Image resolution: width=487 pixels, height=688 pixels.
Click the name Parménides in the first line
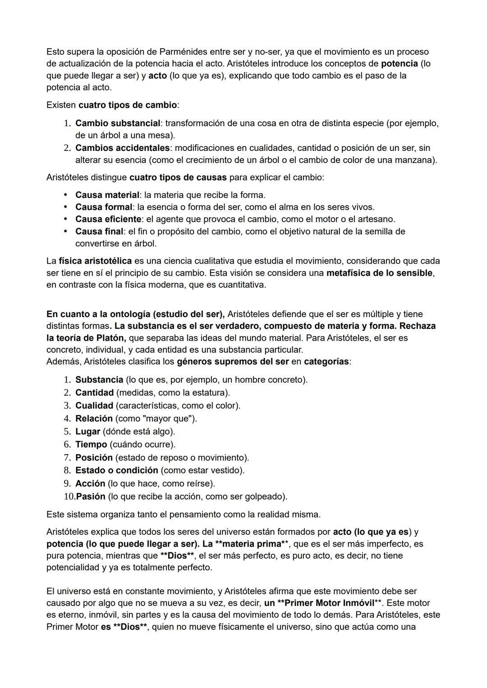click(x=181, y=52)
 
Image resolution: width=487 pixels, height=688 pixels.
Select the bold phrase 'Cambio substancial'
click(x=118, y=123)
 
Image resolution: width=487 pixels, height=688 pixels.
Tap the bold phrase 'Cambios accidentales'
click(x=122, y=148)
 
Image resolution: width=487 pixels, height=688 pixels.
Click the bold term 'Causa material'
click(x=107, y=195)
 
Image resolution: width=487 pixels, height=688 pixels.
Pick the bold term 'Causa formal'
click(x=104, y=207)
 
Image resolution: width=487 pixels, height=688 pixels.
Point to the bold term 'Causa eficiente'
click(x=108, y=219)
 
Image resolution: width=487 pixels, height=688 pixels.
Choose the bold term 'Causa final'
click(x=99, y=232)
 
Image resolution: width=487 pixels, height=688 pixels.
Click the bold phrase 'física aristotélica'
click(x=95, y=261)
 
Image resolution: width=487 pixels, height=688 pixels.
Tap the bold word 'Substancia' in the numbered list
click(x=99, y=380)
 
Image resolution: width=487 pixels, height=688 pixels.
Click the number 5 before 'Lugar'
click(x=67, y=432)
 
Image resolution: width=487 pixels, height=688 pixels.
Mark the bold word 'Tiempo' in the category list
click(x=91, y=445)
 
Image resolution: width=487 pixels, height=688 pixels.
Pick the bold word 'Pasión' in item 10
click(x=91, y=497)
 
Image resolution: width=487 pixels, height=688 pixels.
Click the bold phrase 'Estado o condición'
click(x=116, y=470)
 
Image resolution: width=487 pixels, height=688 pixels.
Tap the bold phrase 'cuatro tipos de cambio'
click(x=127, y=105)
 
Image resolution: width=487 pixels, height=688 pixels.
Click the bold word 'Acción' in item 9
click(x=90, y=483)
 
